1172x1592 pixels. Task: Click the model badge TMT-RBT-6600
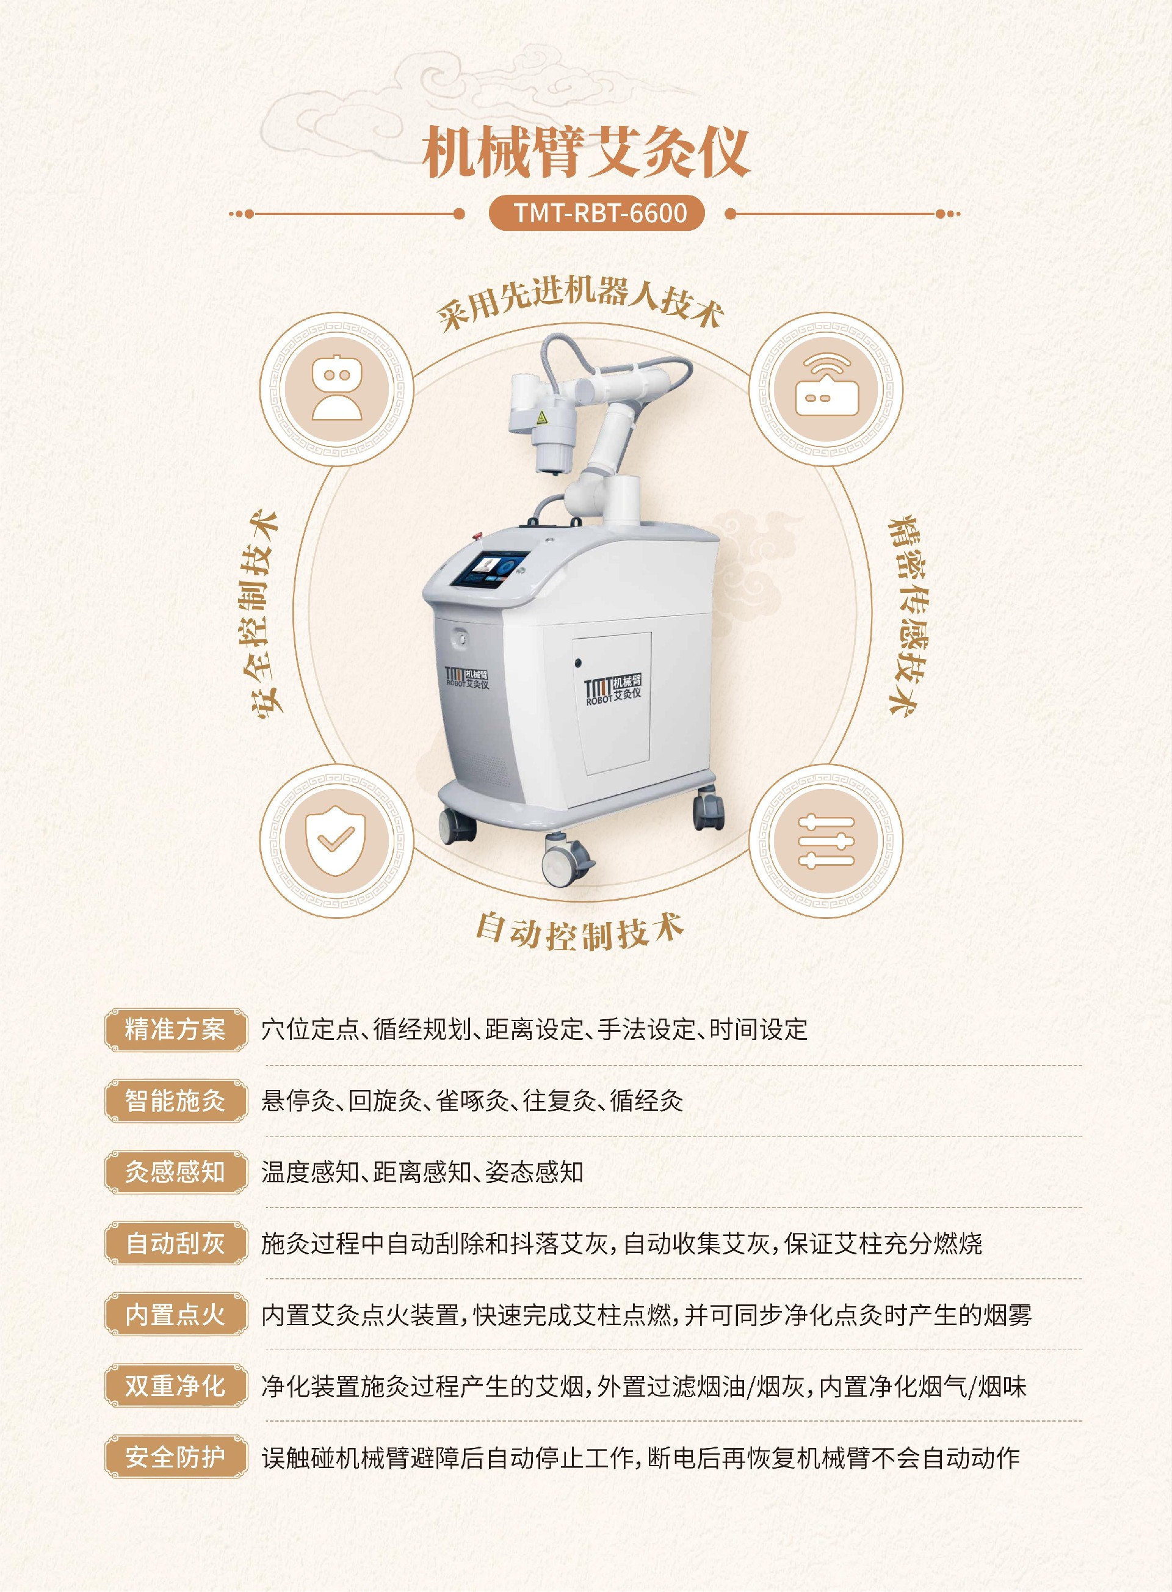pos(596,213)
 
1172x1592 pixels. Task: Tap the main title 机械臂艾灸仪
pos(586,152)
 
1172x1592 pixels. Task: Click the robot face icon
pos(336,388)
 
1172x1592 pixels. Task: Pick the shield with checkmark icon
pos(336,840)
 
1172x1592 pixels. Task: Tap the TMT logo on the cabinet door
pos(613,688)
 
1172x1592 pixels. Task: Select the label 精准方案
pos(175,1029)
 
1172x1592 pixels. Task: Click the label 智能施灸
pos(175,1100)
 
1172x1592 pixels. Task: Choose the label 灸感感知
pos(175,1172)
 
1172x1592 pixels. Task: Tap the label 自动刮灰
pos(175,1243)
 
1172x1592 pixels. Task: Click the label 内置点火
pos(175,1315)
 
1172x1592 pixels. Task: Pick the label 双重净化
pos(175,1386)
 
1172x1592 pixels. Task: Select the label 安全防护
pos(175,1457)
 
